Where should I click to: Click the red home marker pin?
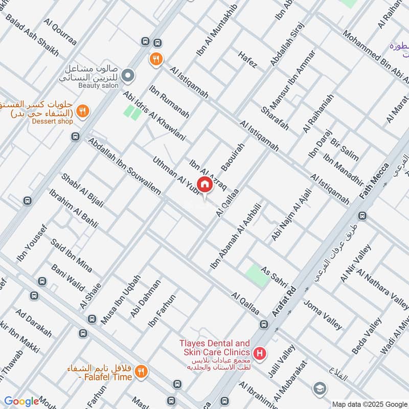(x=204, y=185)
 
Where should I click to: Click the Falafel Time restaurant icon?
(x=142, y=372)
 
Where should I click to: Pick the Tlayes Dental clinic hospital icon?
(x=260, y=353)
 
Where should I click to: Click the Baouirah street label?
(x=233, y=156)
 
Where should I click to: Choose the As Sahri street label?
(x=275, y=278)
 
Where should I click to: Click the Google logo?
(x=21, y=401)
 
